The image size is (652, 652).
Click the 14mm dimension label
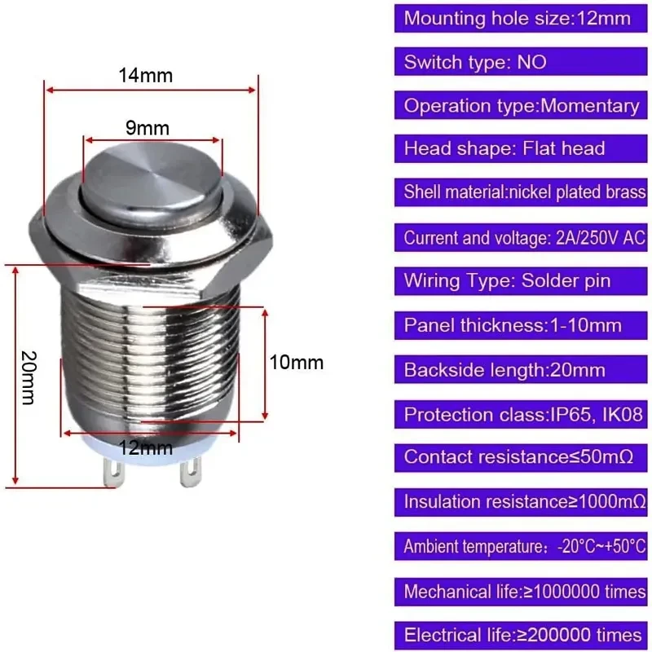(146, 76)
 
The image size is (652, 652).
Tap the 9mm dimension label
(148, 128)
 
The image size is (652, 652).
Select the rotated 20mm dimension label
(29, 377)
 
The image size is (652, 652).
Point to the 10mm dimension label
(297, 363)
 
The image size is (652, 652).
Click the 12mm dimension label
(146, 448)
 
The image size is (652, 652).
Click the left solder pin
(114, 472)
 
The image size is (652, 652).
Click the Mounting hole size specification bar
(521, 18)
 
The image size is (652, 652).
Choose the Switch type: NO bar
(521, 62)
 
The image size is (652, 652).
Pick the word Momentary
(589, 106)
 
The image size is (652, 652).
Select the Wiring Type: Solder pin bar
(521, 281)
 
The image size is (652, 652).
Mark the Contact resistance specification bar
(521, 457)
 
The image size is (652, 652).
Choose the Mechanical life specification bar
(521, 592)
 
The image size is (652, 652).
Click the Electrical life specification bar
(521, 636)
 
